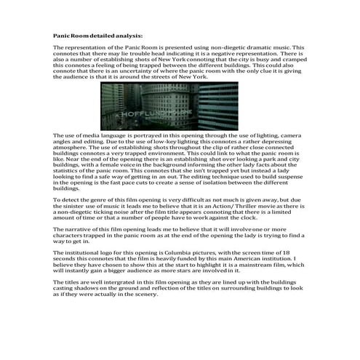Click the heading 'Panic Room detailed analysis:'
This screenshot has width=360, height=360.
point(98,35)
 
